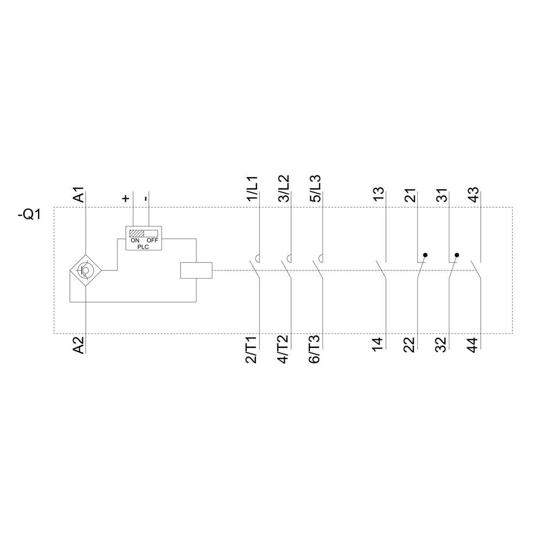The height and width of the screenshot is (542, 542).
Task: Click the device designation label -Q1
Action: pyautogui.click(x=30, y=214)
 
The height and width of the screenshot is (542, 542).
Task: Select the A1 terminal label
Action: pyautogui.click(x=79, y=195)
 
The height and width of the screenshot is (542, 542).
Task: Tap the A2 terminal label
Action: pyautogui.click(x=79, y=345)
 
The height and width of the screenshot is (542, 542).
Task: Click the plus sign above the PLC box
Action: pyautogui.click(x=126, y=198)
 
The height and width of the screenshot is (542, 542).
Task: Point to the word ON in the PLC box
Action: pyautogui.click(x=135, y=240)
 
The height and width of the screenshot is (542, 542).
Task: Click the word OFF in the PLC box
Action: pyautogui.click(x=152, y=240)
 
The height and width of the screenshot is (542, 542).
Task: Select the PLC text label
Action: pyautogui.click(x=144, y=246)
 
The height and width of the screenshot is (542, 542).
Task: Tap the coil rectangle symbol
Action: pyautogui.click(x=195, y=269)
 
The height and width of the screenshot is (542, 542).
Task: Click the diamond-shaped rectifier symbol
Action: pyautogui.click(x=86, y=269)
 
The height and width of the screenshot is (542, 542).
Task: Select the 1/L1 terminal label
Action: pyautogui.click(x=253, y=189)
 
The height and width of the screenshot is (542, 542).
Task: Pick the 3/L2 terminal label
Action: pyautogui.click(x=283, y=189)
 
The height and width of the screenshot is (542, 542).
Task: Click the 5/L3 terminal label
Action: pyautogui.click(x=315, y=189)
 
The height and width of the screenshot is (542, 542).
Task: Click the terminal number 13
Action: pyautogui.click(x=379, y=195)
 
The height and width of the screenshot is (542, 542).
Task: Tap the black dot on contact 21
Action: pyautogui.click(x=425, y=255)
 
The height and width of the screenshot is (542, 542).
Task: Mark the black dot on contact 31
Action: pyautogui.click(x=457, y=255)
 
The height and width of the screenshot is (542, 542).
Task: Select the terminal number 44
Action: pyautogui.click(x=473, y=345)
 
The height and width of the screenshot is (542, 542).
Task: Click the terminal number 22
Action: pyautogui.click(x=410, y=345)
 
